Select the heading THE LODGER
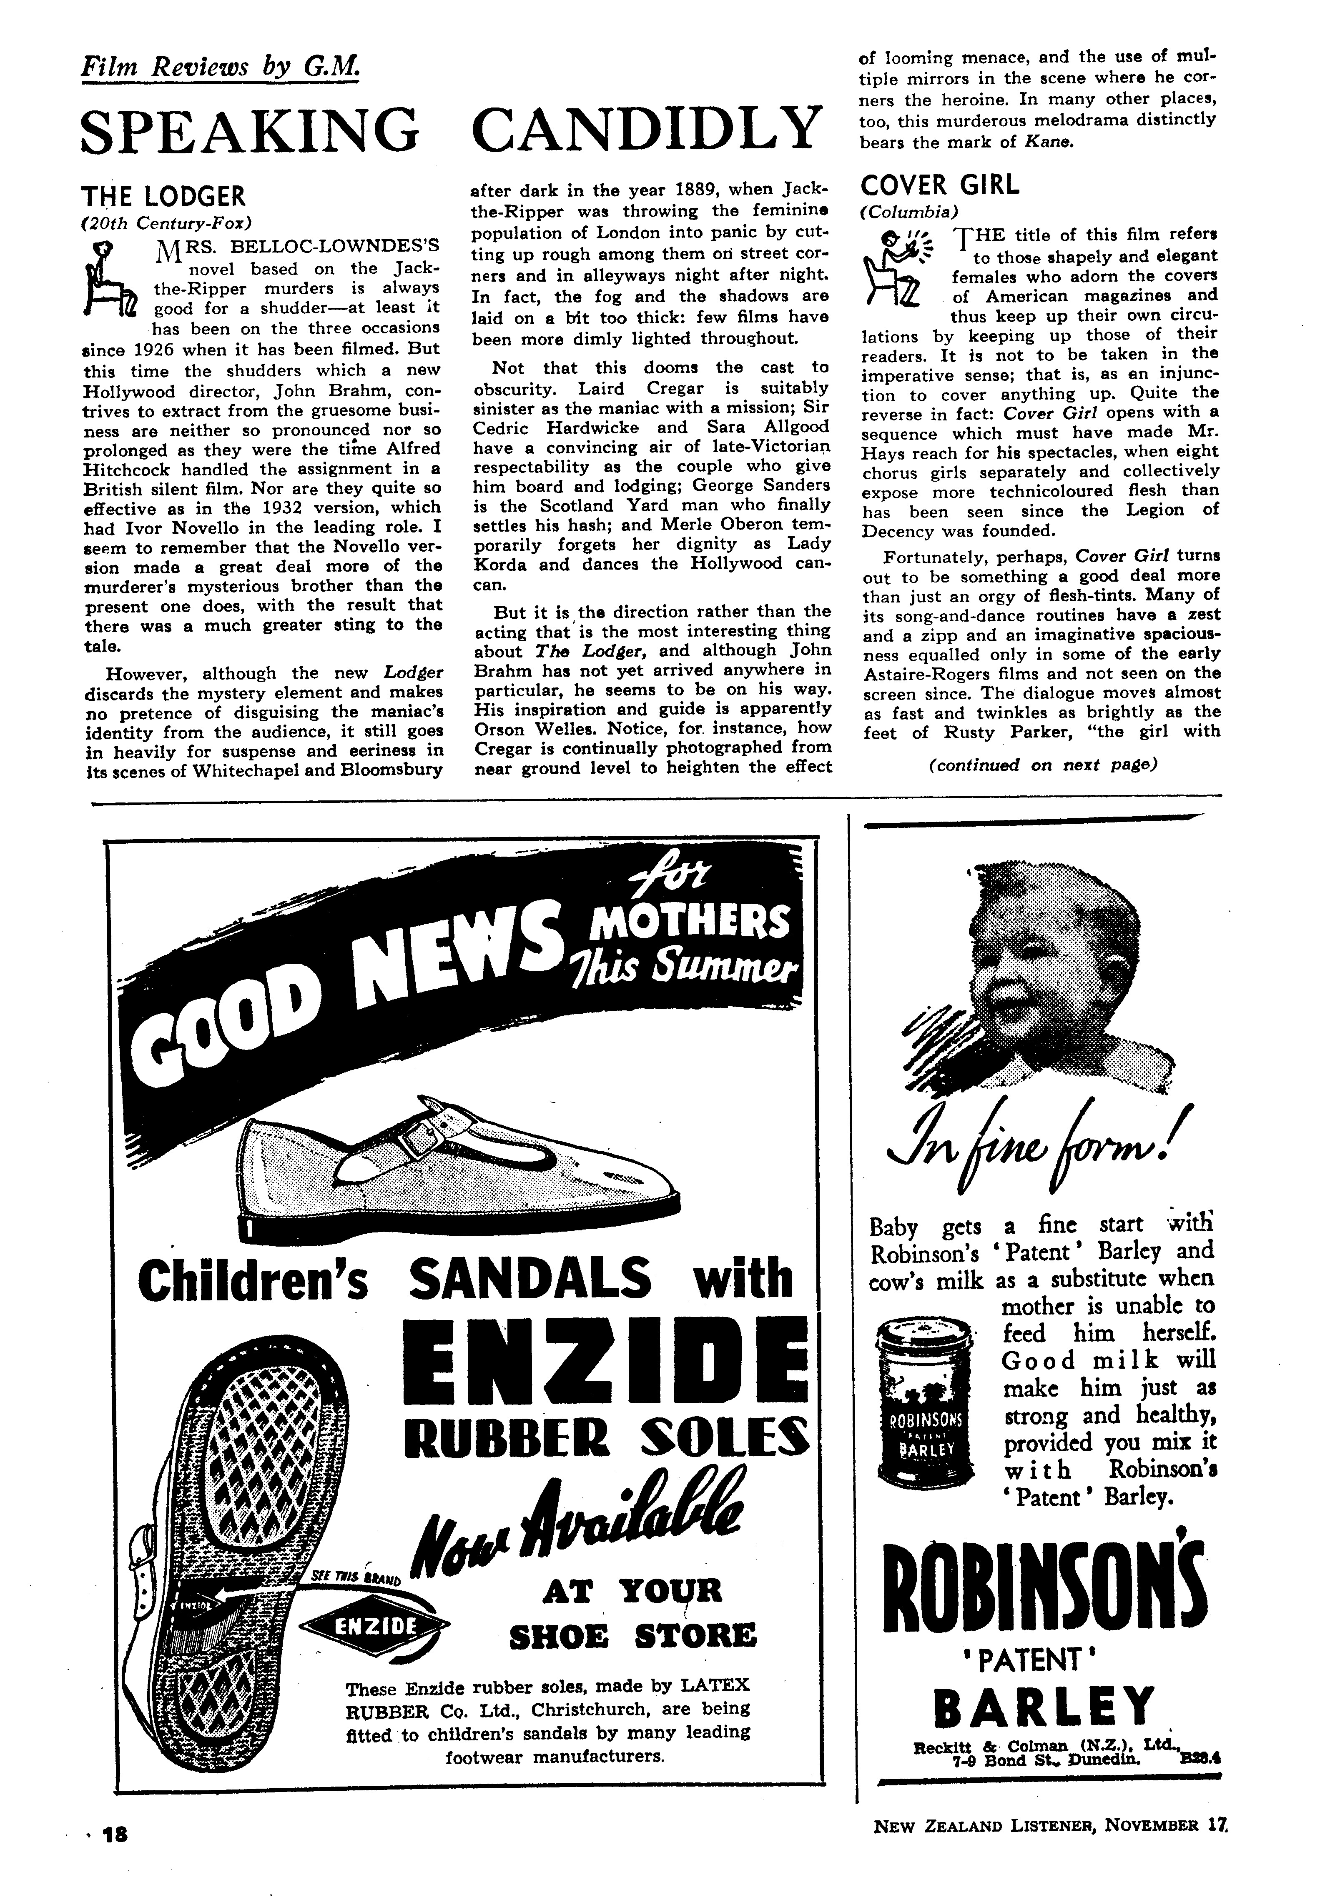tap(164, 197)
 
